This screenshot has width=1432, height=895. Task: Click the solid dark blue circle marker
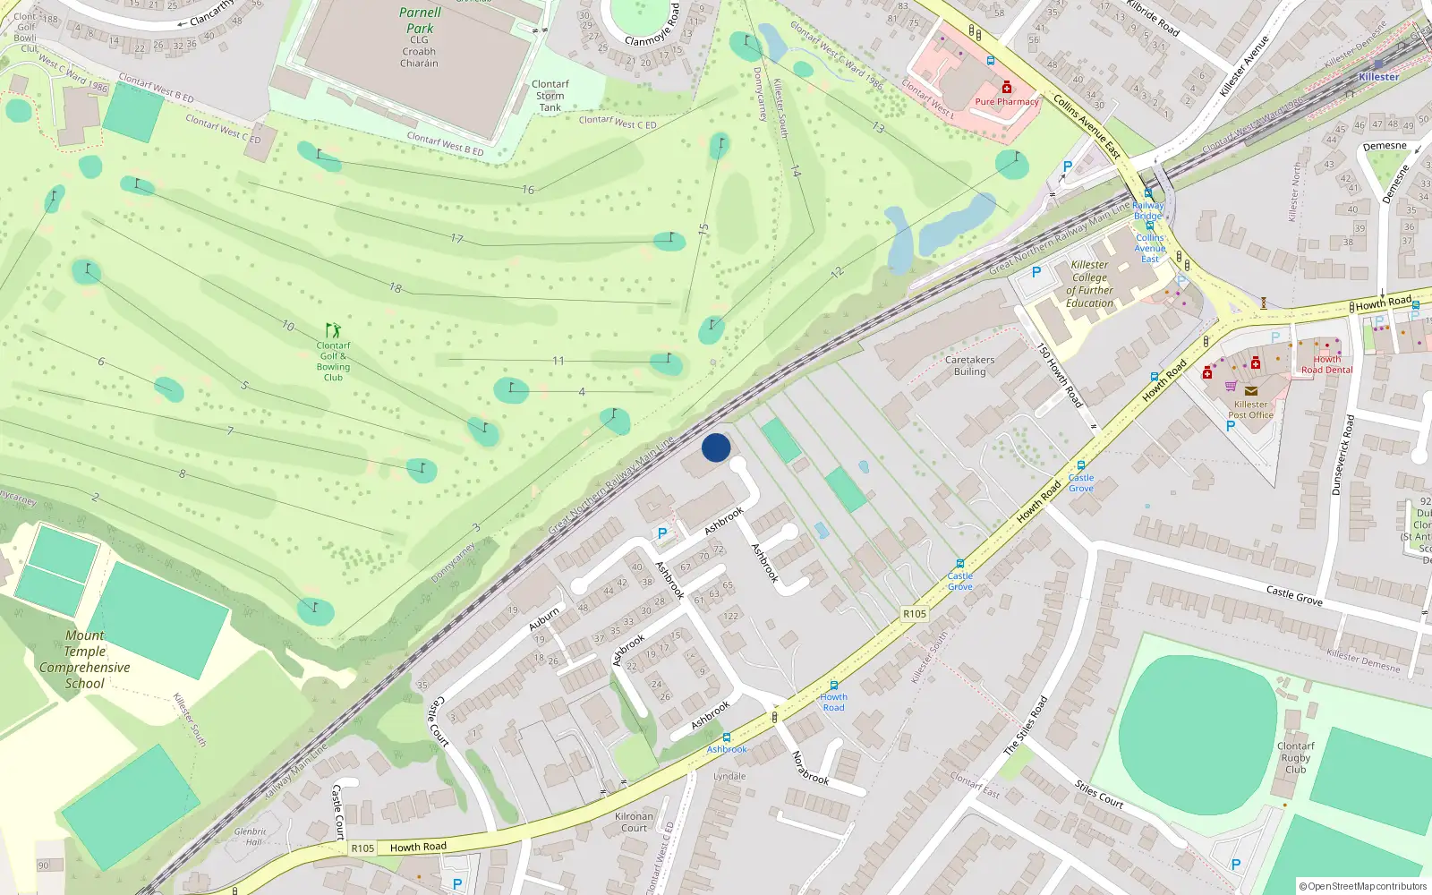pos(716,447)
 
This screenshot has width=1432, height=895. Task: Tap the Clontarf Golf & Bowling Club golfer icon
pos(333,330)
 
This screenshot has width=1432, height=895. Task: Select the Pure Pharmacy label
pos(1007,102)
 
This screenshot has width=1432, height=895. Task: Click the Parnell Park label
pos(420,21)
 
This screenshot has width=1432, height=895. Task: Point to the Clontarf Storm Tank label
pos(550,96)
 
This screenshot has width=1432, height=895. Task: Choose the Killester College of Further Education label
pos(1089,284)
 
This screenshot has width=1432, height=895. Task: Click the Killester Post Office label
pos(1250,409)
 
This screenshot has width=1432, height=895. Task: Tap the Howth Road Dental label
pos(1326,364)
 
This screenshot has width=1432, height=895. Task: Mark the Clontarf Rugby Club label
pos(1295,757)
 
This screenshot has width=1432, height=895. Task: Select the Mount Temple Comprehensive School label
pos(85,660)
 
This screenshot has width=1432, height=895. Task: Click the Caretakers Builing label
pos(969,365)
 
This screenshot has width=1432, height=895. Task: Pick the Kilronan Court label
pos(634,822)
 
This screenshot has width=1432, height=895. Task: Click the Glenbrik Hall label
pos(251,836)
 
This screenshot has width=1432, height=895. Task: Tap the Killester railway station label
pos(1378,77)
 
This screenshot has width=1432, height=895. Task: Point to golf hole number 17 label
pos(456,239)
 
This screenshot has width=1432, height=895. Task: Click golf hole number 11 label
pos(558,361)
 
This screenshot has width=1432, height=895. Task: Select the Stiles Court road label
pos(1099,794)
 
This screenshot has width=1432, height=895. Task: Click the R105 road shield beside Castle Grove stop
pos(915,614)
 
